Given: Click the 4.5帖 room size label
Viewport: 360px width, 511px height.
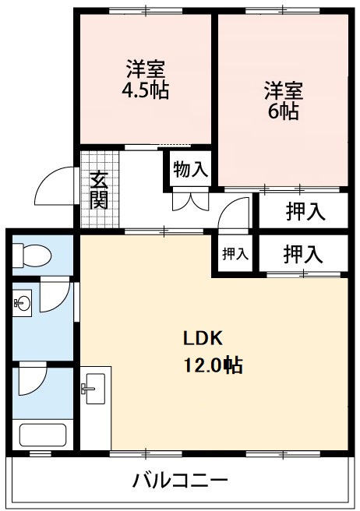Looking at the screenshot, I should click(x=143, y=90).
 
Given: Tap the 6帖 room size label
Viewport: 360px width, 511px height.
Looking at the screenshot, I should click(x=281, y=111).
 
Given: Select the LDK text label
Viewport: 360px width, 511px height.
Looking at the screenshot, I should click(x=203, y=339).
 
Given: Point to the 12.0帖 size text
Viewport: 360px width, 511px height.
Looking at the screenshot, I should click(x=213, y=364).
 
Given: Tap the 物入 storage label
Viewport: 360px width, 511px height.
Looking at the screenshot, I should click(x=190, y=169).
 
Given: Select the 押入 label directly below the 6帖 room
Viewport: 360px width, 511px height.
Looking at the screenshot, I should click(x=304, y=211).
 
